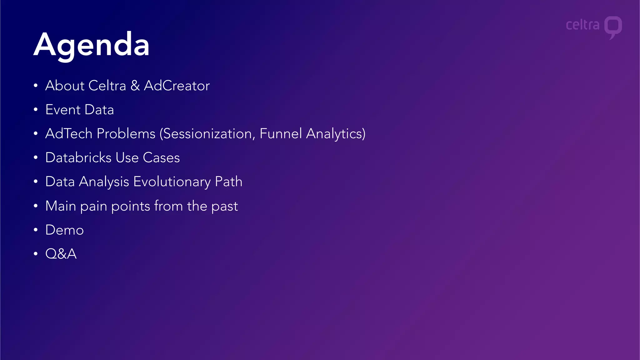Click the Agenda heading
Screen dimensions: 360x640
pos(91,45)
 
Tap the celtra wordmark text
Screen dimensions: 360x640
pos(582,25)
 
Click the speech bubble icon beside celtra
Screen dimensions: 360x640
pos(613,27)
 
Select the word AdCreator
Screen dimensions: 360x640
pos(177,86)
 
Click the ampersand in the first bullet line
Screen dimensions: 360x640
pos(135,86)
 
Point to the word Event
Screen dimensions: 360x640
pos(63,110)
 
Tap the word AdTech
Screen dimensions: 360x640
pos(69,134)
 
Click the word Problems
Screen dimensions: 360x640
pos(126,134)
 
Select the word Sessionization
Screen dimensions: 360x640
pos(207,134)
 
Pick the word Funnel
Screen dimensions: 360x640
pos(281,134)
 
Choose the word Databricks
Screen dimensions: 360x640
pos(78,158)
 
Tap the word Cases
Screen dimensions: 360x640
pos(161,158)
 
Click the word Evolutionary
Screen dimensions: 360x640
pos(172,182)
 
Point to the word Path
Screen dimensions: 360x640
pos(228,182)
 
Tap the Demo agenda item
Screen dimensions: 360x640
pos(64,230)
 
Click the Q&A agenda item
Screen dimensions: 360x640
pos(61,254)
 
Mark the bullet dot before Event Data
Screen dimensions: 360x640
pos(36,110)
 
